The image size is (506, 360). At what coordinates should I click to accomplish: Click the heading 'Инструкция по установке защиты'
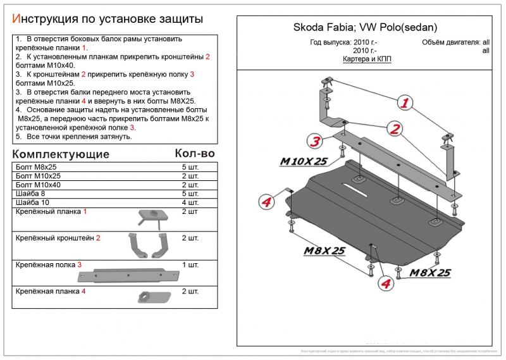point(108,20)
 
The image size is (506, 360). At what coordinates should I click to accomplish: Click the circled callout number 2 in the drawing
point(395,130)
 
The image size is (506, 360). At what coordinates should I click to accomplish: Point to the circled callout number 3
point(314,141)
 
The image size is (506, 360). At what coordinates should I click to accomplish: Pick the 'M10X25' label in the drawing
point(305,162)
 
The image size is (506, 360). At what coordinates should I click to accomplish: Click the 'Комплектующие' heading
point(61,154)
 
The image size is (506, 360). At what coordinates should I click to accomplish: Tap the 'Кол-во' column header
point(194,154)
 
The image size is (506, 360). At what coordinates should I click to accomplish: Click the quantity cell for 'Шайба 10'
point(190,202)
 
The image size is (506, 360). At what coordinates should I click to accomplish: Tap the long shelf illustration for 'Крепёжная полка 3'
point(126,274)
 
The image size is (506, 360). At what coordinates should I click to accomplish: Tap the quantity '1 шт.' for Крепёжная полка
point(190,264)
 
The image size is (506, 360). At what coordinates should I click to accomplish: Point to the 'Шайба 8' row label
point(30,194)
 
